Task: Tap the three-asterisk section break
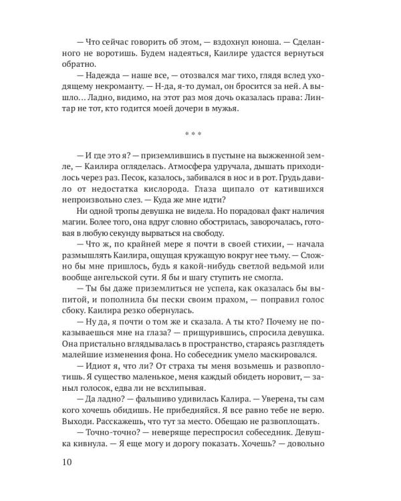[x=200, y=132]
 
